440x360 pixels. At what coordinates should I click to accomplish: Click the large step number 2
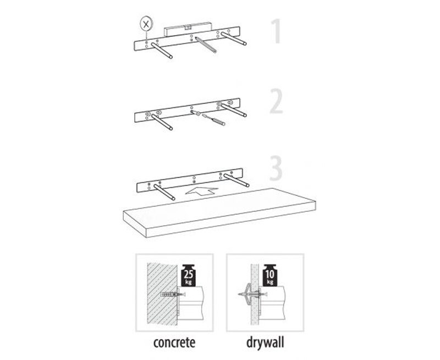coord(277,101)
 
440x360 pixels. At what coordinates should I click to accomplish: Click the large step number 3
coord(276,168)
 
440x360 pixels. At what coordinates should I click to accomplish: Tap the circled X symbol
coord(146,24)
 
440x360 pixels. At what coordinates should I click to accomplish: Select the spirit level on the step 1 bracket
coord(188,29)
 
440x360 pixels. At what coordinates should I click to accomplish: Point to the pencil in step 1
coord(206,45)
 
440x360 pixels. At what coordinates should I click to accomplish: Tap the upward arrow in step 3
coord(201,190)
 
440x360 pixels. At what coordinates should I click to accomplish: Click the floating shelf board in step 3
coord(219,212)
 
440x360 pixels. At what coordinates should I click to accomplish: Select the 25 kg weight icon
coord(189,275)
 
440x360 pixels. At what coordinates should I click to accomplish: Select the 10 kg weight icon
coord(270,275)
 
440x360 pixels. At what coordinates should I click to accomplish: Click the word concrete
coord(174,343)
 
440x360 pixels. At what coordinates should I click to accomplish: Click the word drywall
coord(265,342)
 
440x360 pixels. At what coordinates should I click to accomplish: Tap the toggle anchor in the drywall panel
coord(252,294)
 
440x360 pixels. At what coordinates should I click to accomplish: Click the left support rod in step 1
coord(162,51)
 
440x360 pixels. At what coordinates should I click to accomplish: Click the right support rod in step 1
coord(234,39)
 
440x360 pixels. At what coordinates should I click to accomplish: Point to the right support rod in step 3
coord(237,181)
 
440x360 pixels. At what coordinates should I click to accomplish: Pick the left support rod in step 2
coord(162,122)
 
